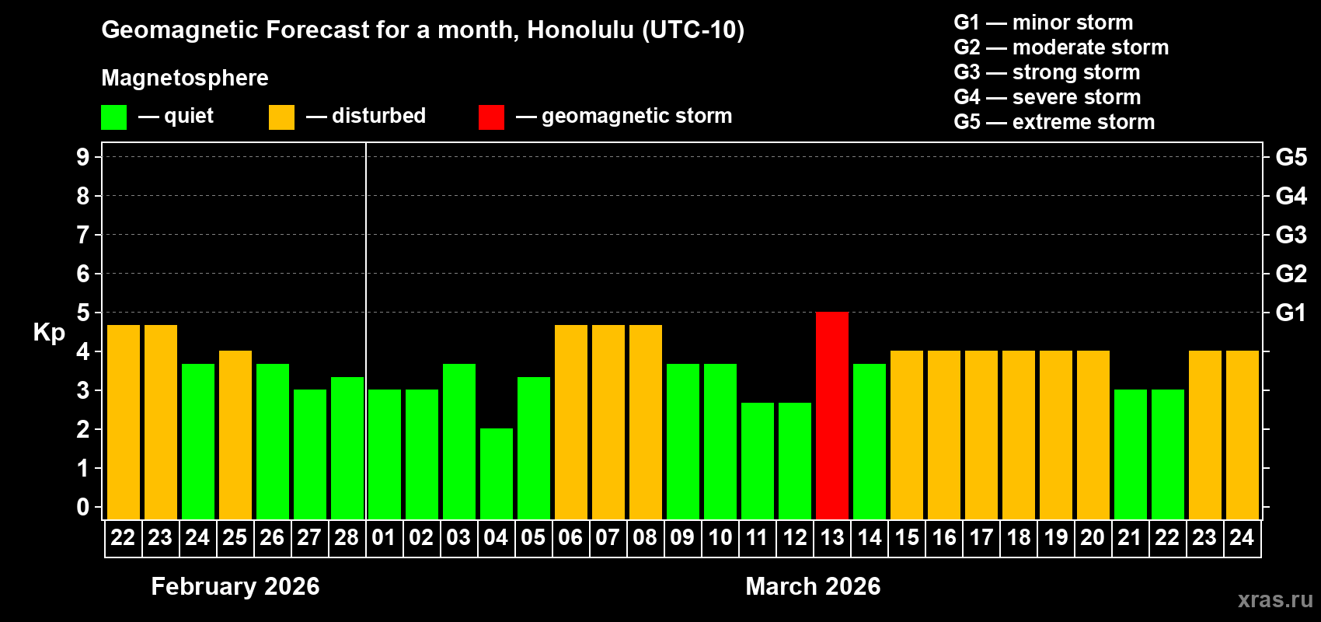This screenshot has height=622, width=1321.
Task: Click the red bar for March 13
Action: click(x=831, y=416)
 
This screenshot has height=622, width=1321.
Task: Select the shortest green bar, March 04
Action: click(x=496, y=473)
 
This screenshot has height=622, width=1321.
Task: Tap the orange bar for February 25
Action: click(x=235, y=435)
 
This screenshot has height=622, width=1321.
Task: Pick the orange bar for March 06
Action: click(x=570, y=422)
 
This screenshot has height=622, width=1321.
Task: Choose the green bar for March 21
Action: click(x=1130, y=454)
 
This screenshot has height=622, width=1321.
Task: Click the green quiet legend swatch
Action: click(x=113, y=117)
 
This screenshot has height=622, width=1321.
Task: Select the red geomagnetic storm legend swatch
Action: click(x=491, y=117)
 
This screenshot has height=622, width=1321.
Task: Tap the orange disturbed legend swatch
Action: click(x=281, y=117)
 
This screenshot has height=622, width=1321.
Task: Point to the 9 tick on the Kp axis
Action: click(x=83, y=157)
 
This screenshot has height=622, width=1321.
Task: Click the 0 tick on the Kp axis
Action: click(x=83, y=507)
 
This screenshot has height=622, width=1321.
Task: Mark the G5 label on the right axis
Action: click(x=1291, y=157)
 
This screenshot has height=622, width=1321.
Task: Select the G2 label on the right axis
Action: click(x=1291, y=274)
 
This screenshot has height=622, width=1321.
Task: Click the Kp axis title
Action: click(x=49, y=332)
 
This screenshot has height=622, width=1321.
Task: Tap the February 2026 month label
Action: click(x=235, y=586)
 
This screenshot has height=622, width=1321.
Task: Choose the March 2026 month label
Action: click(x=813, y=586)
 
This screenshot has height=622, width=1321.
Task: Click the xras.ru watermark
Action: click(x=1275, y=599)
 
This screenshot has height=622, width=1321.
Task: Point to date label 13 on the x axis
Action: click(x=831, y=537)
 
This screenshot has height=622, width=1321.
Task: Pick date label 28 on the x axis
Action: click(x=347, y=537)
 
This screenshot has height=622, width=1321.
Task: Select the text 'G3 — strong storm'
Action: click(x=1047, y=72)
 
